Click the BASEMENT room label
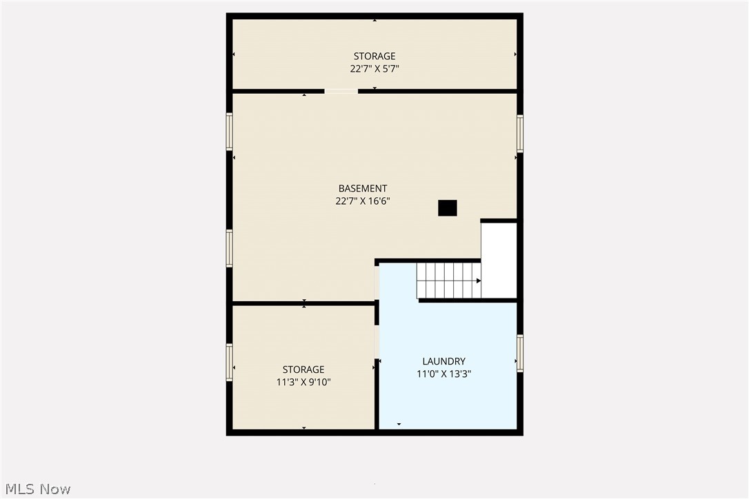[x=362, y=188]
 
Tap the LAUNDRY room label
[x=443, y=361]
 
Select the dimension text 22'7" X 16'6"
[x=362, y=201]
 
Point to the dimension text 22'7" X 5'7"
[x=374, y=69]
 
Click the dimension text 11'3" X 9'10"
[x=303, y=382]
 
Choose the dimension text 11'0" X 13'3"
[x=443, y=374]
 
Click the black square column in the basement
[x=447, y=207]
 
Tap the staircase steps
[x=447, y=281]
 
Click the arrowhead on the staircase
[x=478, y=281]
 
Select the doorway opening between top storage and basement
[x=341, y=91]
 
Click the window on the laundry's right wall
[x=519, y=353]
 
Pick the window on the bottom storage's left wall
[x=230, y=362]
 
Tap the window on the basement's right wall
[x=519, y=133]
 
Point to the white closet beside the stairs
[x=499, y=260]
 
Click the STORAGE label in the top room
[x=374, y=56]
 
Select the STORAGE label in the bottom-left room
[x=303, y=369]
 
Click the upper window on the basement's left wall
[x=230, y=132]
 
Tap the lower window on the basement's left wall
[x=230, y=248]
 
